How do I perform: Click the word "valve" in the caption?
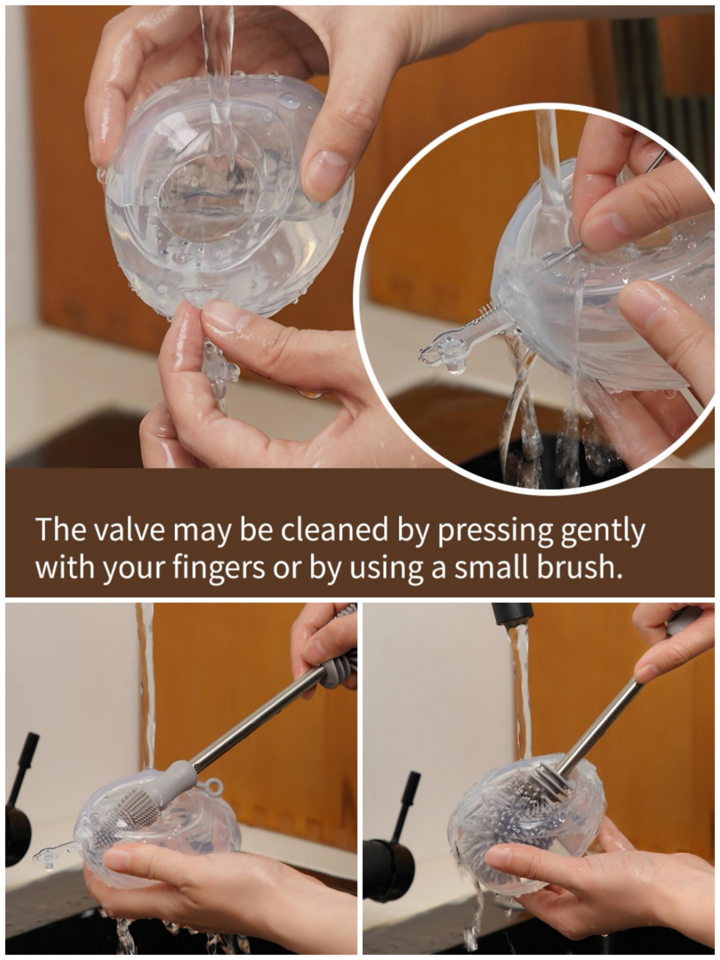click(x=120, y=529)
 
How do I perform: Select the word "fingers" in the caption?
click(x=219, y=568)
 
